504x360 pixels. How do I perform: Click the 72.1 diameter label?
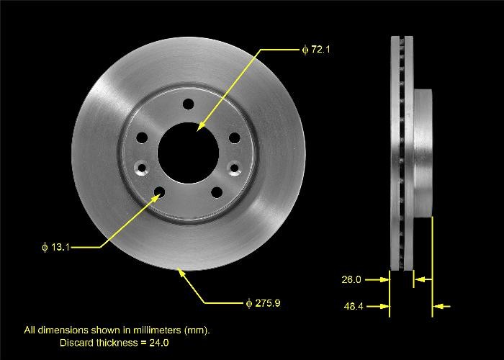pos(316,50)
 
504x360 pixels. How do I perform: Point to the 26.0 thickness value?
pos(351,279)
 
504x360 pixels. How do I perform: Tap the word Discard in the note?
pos(76,343)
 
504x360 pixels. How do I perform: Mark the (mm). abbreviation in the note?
pos(197,330)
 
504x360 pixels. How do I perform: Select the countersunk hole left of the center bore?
pos(141,169)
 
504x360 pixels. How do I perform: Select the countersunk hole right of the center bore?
pos(233,168)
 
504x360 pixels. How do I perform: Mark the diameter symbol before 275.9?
pos(248,303)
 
